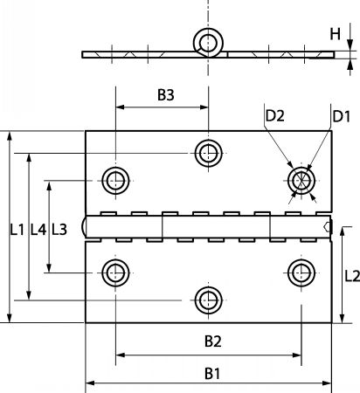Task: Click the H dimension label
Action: (335, 34)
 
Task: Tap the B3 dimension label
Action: (166, 95)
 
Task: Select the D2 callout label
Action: (274, 116)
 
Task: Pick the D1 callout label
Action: (341, 116)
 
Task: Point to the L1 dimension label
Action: (17, 230)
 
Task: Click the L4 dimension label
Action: (38, 230)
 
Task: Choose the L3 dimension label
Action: (59, 230)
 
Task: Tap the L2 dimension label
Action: (352, 276)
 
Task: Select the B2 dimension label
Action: (213, 341)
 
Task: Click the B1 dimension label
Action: (212, 374)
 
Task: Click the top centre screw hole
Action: (209, 153)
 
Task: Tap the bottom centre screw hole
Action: (209, 300)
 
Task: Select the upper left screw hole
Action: (115, 181)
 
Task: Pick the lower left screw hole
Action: (115, 272)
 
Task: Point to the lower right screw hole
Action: (301, 272)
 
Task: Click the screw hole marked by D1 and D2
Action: (301, 181)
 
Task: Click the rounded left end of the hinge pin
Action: (84, 227)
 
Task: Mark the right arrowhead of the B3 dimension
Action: (204, 107)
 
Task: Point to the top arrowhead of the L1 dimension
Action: (10, 136)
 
